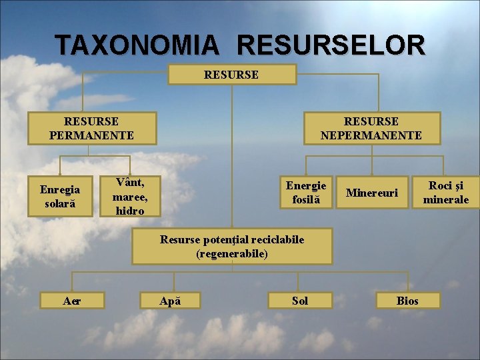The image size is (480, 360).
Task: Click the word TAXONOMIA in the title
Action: (x=137, y=45)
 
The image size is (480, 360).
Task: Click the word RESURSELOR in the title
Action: (x=330, y=45)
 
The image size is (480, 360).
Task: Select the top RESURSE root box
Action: (x=231, y=75)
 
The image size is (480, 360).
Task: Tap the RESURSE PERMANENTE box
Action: (x=91, y=128)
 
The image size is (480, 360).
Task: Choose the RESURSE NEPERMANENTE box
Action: (x=371, y=128)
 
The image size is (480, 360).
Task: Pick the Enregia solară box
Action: (x=60, y=197)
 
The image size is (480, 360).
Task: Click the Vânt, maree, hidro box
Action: (x=130, y=196)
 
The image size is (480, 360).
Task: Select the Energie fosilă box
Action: (x=306, y=192)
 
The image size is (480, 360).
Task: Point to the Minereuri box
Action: (x=372, y=193)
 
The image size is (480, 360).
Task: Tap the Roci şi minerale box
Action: (x=446, y=193)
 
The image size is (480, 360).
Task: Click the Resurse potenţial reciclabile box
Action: (x=231, y=247)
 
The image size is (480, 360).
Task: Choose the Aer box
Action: (x=72, y=301)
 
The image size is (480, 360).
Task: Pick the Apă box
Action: (x=171, y=301)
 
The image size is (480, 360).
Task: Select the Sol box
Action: (x=300, y=301)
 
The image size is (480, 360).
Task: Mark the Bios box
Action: (x=407, y=301)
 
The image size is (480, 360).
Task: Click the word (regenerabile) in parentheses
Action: (x=231, y=254)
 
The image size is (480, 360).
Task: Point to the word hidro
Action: (x=129, y=210)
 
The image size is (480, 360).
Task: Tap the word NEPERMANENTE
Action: (x=371, y=135)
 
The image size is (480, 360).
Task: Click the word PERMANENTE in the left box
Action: (x=91, y=135)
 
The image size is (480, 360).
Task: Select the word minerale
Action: (x=446, y=199)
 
